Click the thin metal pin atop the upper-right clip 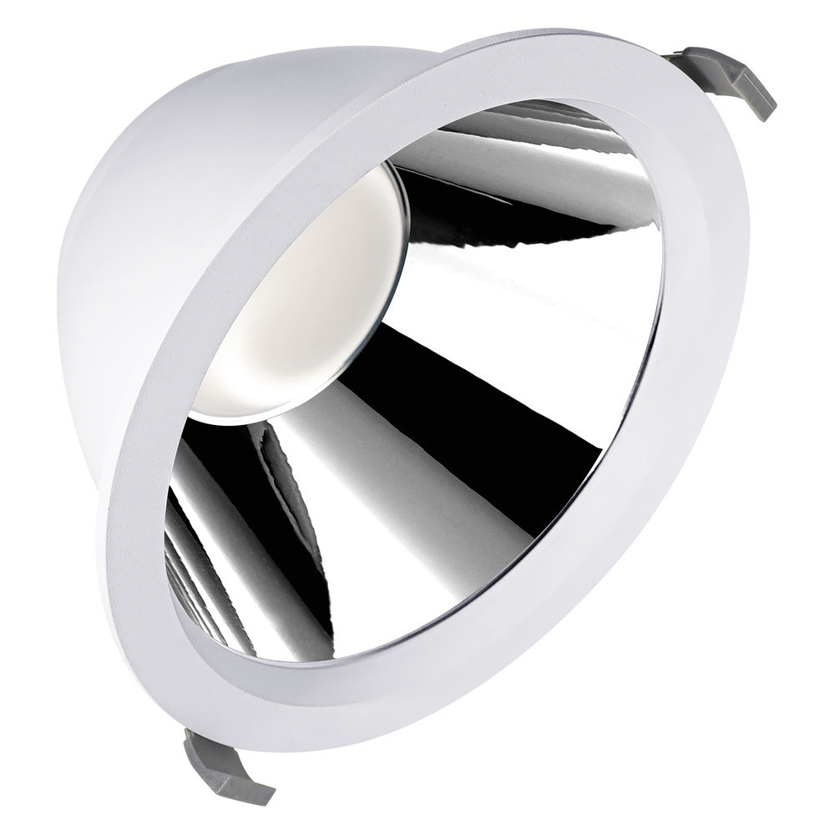(681, 56)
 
